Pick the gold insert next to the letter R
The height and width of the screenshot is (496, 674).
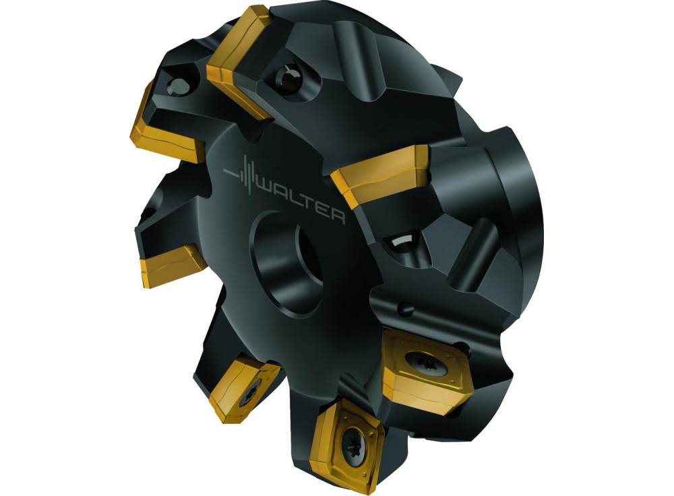[381, 175]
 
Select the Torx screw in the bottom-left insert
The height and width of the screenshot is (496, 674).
[250, 390]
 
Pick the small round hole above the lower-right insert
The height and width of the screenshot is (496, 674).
[404, 309]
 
